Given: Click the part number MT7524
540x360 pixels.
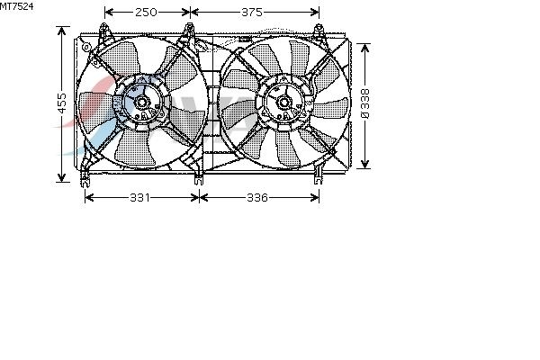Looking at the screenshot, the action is click(16, 6).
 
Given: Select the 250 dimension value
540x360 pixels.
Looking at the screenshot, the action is click(146, 13).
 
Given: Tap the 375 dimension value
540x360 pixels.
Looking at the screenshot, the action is click(252, 13).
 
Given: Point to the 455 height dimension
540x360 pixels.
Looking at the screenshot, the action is click(61, 103).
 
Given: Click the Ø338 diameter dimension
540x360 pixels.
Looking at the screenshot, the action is click(365, 103).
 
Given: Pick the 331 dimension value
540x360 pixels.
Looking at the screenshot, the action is click(139, 198).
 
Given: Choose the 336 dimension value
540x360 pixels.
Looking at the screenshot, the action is click(257, 198).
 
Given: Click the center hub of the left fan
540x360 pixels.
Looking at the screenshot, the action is click(141, 102).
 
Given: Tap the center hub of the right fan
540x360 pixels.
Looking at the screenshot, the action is click(284, 102).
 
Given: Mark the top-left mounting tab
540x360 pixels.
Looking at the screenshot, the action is click(103, 31).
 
